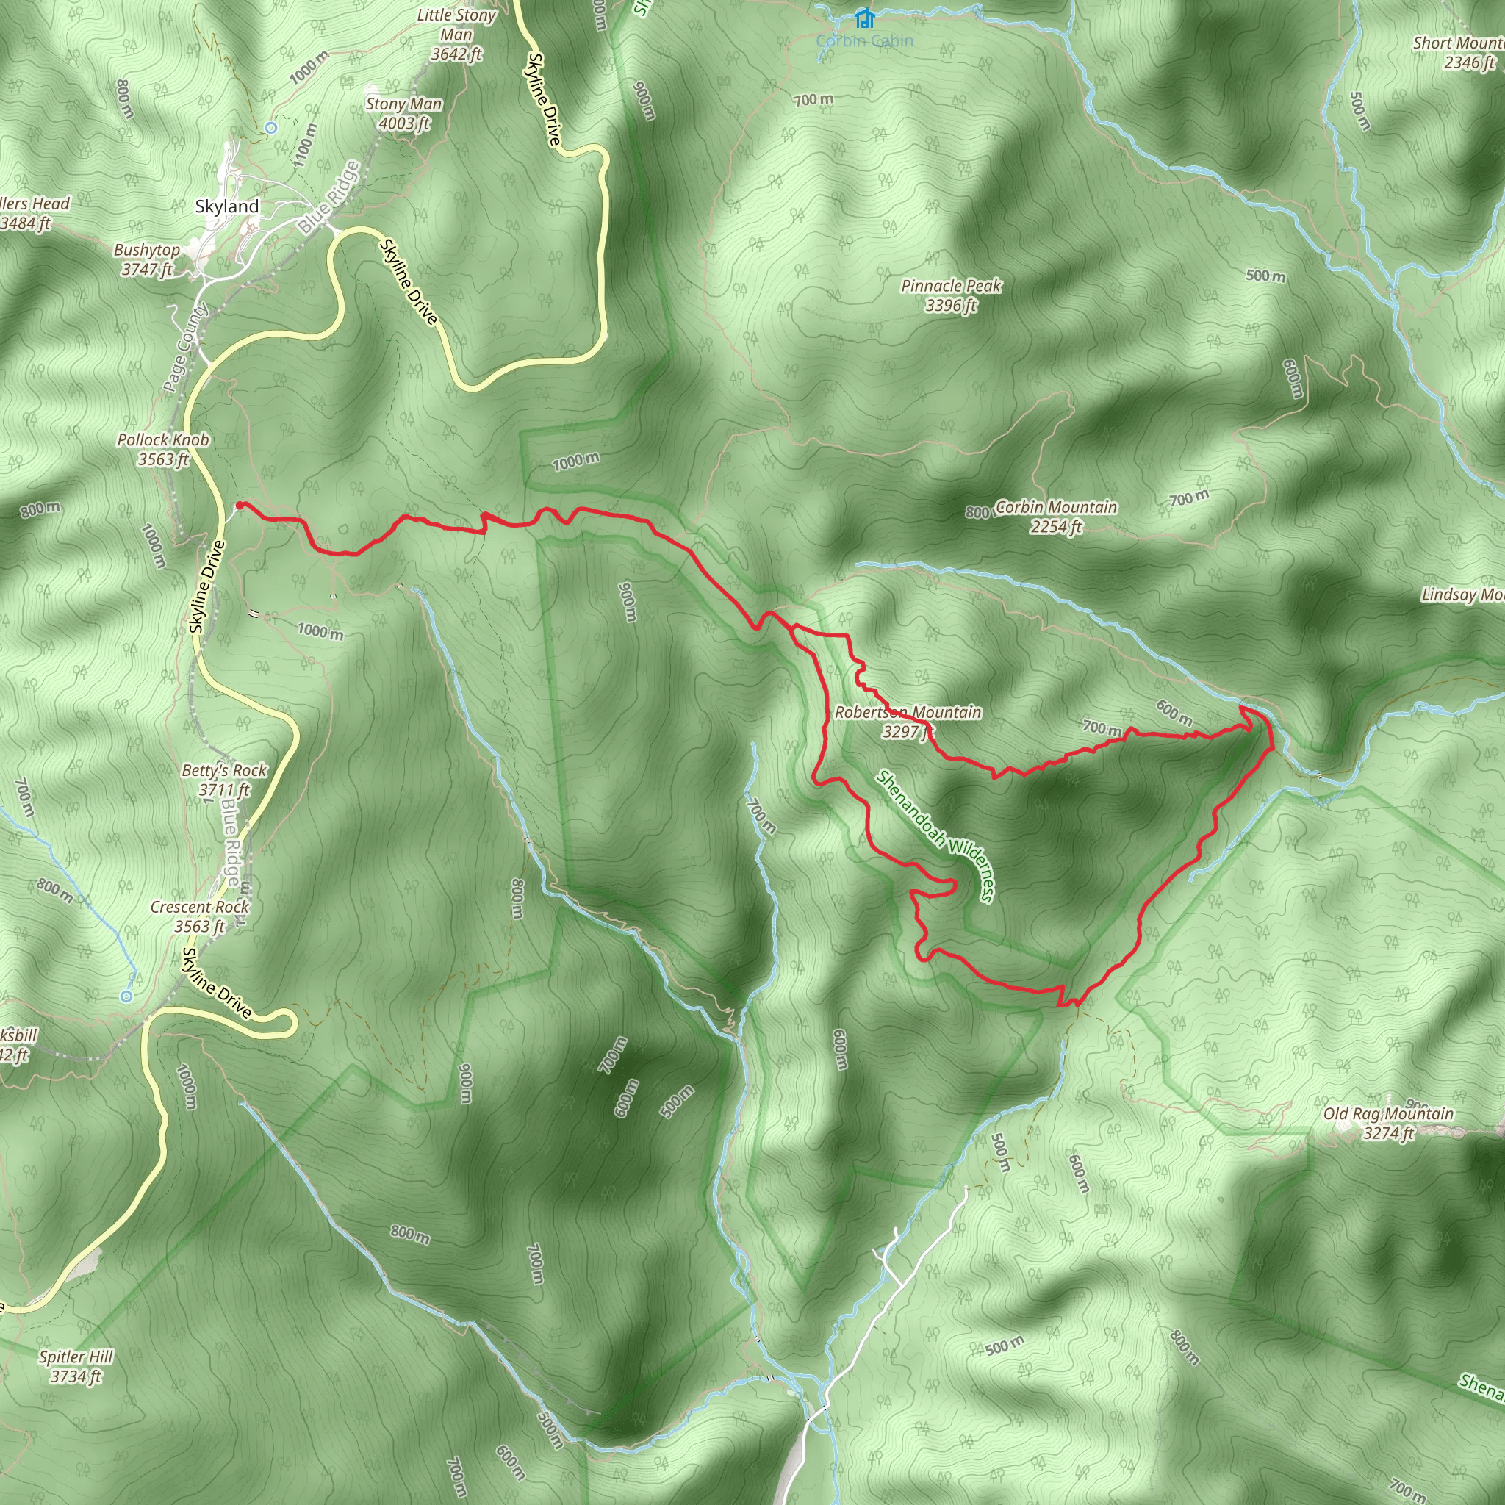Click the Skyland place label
(226, 206)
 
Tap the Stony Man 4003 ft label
(403, 114)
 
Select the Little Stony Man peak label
(456, 35)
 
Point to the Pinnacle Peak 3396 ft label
(951, 295)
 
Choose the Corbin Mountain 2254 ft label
(1055, 517)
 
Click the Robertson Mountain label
(908, 722)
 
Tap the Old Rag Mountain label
(1388, 1124)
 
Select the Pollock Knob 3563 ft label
(163, 450)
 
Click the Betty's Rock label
(223, 780)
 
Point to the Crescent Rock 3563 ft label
(199, 916)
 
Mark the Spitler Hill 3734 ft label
(76, 1366)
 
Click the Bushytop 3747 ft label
(146, 259)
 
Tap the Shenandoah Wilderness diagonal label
(935, 836)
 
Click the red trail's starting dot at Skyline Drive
(239, 506)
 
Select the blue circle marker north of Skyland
(271, 128)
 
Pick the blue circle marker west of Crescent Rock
(127, 996)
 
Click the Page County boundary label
(186, 347)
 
